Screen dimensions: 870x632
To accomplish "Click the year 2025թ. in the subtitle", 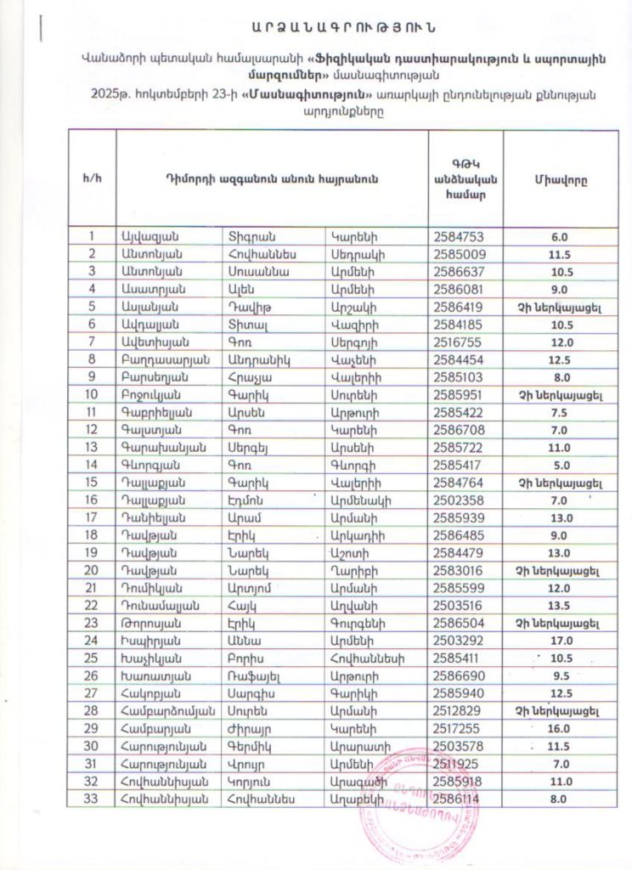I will pos(117,96).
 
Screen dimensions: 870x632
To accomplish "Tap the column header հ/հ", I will pos(91,179).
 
